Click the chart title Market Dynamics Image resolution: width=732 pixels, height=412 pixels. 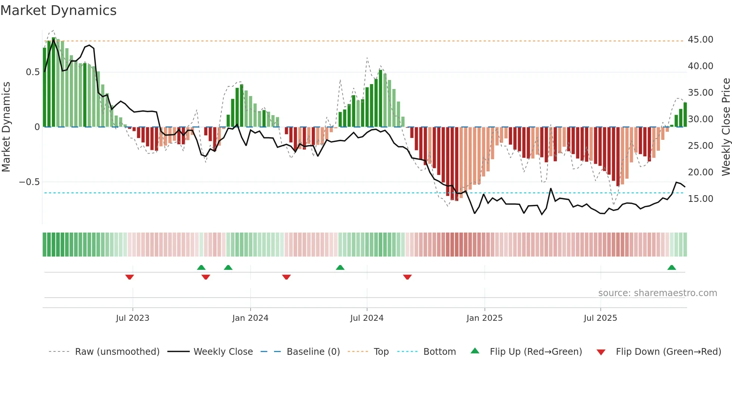tap(58, 10)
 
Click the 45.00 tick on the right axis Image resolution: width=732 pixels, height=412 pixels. tap(700, 40)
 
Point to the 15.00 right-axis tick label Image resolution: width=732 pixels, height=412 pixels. tap(700, 199)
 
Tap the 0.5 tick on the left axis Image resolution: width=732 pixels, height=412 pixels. tap(32, 72)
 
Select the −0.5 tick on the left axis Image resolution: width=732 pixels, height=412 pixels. tap(29, 182)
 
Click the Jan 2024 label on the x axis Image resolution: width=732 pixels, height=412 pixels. tap(250, 318)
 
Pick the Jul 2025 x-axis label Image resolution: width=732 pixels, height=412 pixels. tap(600, 318)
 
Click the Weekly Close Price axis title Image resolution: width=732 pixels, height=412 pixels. tap(726, 127)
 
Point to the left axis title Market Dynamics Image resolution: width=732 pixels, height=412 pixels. tap(6, 127)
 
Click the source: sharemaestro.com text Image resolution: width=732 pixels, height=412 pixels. tap(657, 293)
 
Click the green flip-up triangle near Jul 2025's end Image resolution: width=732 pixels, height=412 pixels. tap(671, 268)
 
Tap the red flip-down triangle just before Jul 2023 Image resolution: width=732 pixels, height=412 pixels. tap(130, 277)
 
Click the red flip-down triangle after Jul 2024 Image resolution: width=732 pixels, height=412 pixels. tap(407, 277)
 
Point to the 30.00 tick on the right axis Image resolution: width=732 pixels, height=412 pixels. tap(700, 119)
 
